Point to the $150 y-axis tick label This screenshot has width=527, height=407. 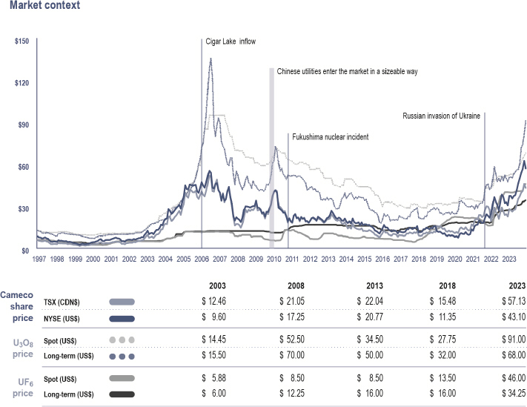pos(21,41)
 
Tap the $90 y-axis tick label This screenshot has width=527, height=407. pos(23,125)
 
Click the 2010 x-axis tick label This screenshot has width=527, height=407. pos(274,259)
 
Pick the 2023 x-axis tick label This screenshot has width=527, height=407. pos(509,259)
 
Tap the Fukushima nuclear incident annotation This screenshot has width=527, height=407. pos(330,137)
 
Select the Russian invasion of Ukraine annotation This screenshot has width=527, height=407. pos(441,116)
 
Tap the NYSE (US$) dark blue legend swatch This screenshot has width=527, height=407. pos(122,319)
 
